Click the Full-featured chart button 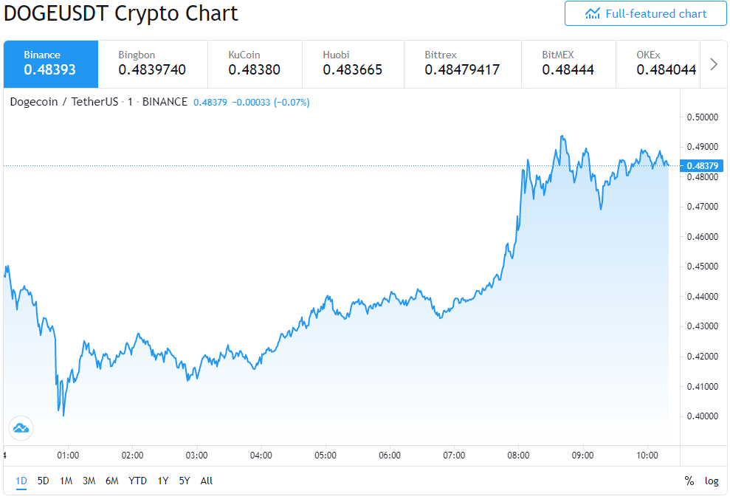tap(645, 13)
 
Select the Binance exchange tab tap(51, 63)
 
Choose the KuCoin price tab tap(255, 63)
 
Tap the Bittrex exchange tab tap(462, 63)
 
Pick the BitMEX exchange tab tap(568, 63)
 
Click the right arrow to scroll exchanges tap(713, 63)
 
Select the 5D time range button tap(44, 481)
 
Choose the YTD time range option tap(137, 481)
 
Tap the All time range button tap(206, 481)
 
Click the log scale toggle tap(712, 481)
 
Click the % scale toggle tap(689, 481)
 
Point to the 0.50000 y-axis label tap(703, 117)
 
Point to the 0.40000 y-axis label tap(703, 416)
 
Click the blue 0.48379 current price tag tap(702, 166)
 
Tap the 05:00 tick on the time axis tap(325, 455)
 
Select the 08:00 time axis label tap(518, 455)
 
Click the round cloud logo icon tap(21, 428)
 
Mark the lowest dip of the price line tap(63, 416)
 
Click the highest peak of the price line tap(562, 136)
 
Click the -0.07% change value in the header tap(292, 102)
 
